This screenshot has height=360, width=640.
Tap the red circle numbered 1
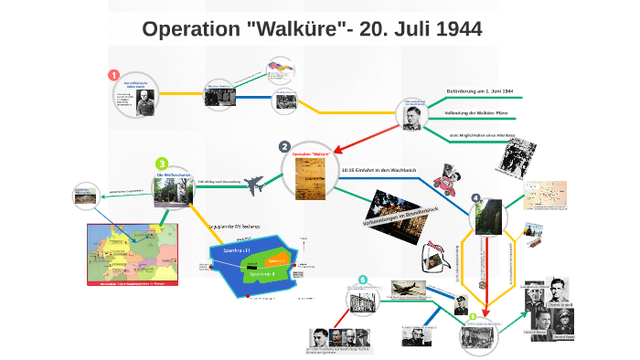113,75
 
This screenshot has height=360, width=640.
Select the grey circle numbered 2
284,147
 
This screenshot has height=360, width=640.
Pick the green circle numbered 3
162,164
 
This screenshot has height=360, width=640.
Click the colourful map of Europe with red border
128,255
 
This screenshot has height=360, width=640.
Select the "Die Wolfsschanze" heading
171,175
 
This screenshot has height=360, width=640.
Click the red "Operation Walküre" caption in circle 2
310,154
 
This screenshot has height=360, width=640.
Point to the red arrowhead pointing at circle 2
341,148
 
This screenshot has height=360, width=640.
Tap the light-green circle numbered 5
473,316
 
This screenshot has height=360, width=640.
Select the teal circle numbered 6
363,280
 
